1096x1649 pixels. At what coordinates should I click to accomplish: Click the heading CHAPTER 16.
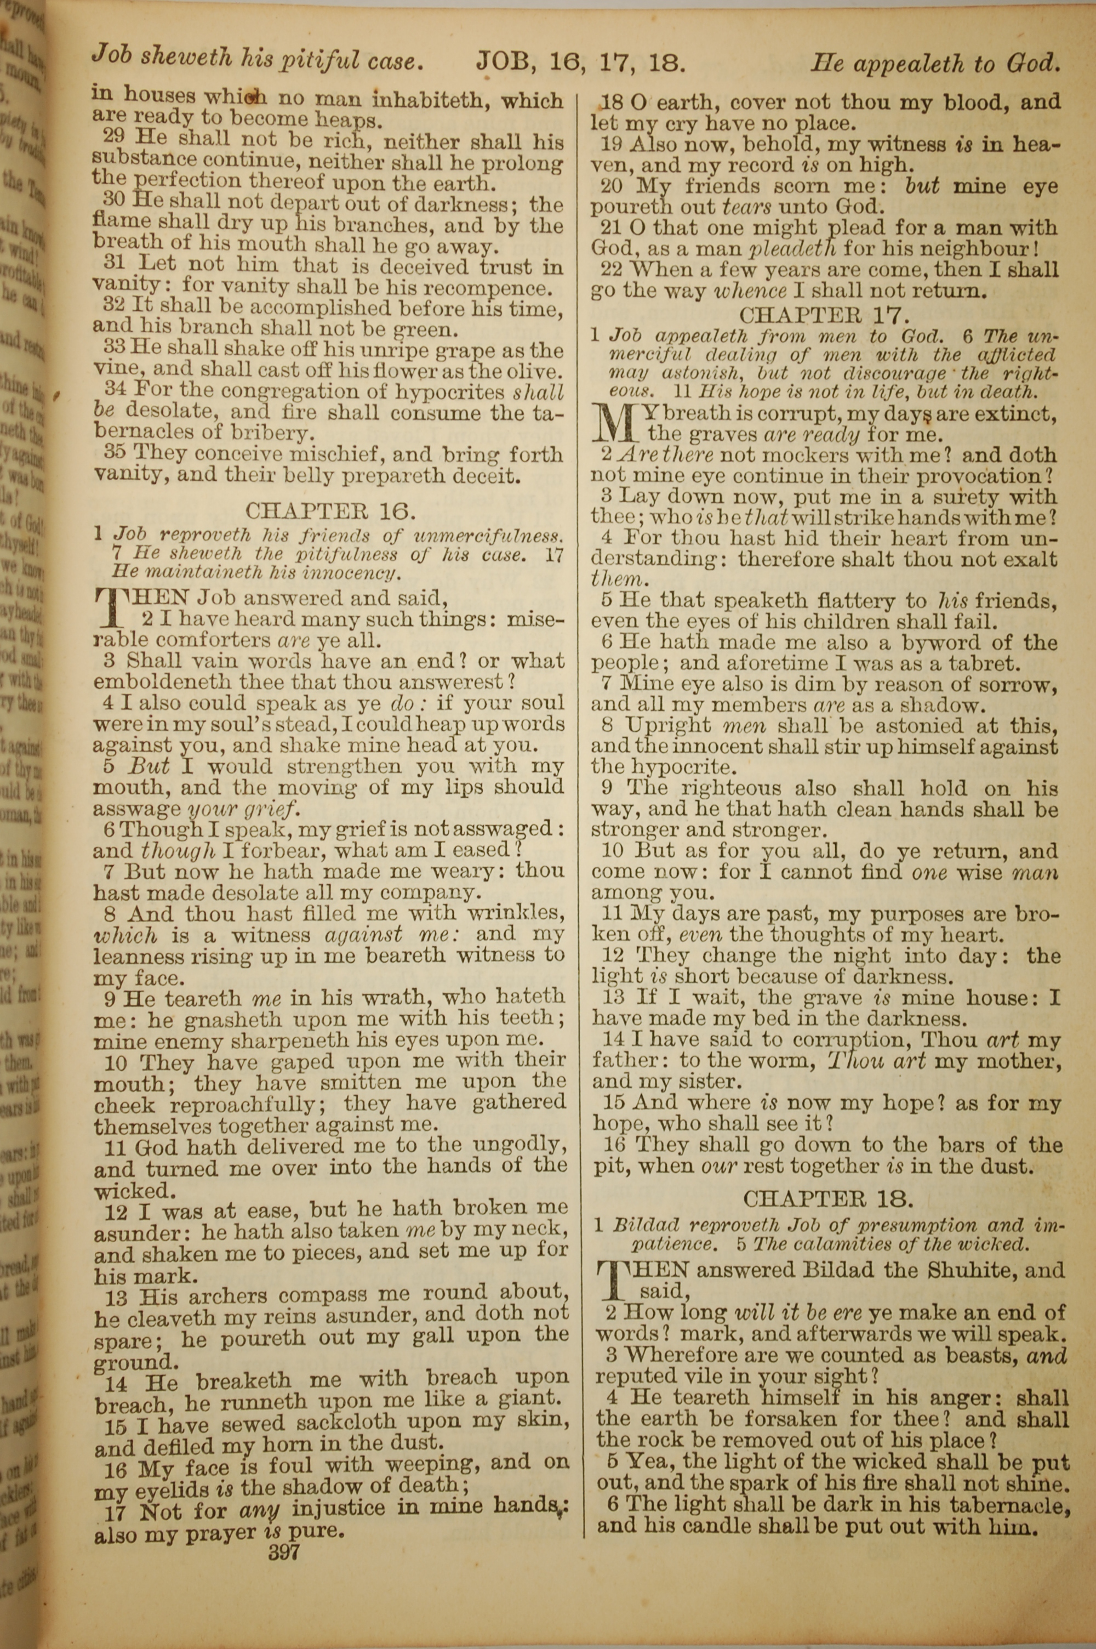click(x=330, y=511)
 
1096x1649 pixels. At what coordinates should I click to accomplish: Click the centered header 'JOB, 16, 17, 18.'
click(x=580, y=64)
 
